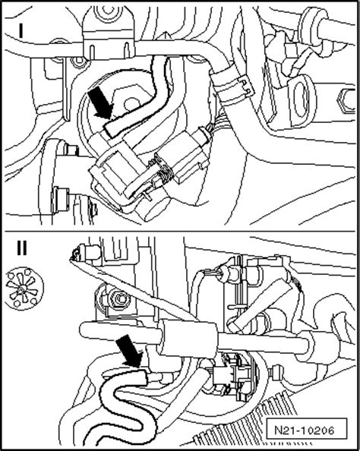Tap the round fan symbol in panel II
[x=21, y=289]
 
